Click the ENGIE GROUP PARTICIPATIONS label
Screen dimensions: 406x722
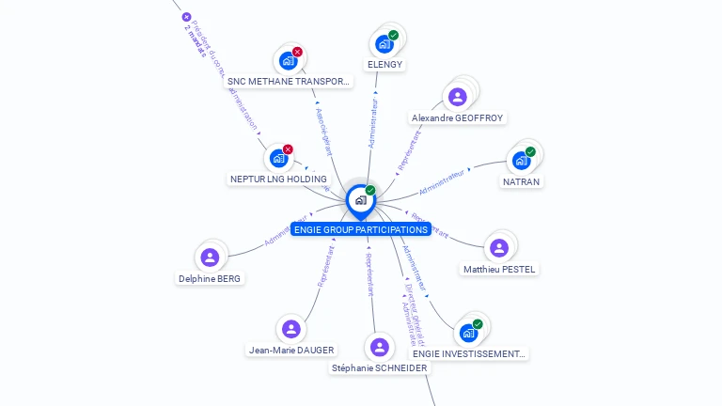361,229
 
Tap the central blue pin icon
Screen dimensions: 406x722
360,200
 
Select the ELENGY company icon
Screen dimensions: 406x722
383,43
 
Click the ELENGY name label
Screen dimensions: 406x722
385,65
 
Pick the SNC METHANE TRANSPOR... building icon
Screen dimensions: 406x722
288,61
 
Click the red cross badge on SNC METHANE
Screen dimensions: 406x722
297,52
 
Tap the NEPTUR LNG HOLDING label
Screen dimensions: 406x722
278,179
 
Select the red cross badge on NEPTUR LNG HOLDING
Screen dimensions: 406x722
288,149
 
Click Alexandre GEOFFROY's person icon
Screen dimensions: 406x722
457,96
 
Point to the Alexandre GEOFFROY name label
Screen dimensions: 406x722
457,118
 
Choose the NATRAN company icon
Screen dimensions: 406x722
521,160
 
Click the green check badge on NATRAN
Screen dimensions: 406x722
530,151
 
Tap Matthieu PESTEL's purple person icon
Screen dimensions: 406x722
498,247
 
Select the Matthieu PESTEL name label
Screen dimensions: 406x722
499,270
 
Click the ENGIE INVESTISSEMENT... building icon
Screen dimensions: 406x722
468,333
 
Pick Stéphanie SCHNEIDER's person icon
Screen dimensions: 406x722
379,347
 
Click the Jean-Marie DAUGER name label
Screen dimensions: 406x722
290,351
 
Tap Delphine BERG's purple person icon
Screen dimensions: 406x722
210,257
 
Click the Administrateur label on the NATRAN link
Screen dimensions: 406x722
442,182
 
